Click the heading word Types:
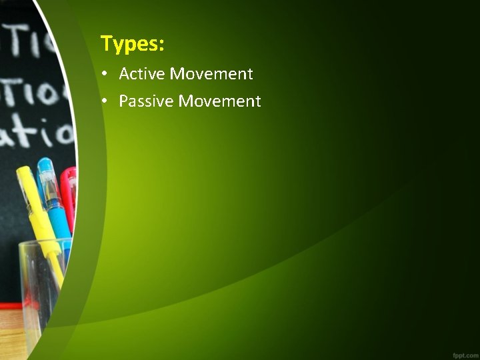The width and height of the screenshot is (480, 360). click(132, 44)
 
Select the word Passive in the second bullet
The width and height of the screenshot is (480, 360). click(146, 101)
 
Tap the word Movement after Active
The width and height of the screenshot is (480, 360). click(211, 73)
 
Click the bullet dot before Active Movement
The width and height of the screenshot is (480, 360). click(106, 74)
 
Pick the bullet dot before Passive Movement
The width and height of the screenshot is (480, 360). click(106, 101)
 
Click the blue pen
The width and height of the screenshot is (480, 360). click(55, 200)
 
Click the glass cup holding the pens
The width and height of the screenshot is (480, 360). click(40, 280)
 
